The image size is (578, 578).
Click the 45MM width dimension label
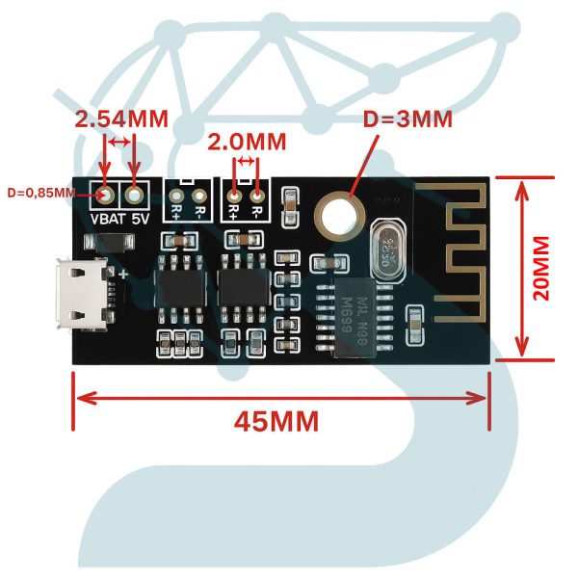276,421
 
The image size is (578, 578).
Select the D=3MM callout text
407,120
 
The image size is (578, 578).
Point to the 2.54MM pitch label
121,119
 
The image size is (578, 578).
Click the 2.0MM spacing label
247,142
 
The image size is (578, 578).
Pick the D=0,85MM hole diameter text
40,192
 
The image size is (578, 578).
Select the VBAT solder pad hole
105,195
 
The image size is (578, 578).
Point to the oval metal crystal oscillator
387,250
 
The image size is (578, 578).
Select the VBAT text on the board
107,219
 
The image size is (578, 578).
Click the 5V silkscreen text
141,219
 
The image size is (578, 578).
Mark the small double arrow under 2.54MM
120,143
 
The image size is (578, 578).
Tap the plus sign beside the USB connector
124,276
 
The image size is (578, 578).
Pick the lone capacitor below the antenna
414,325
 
